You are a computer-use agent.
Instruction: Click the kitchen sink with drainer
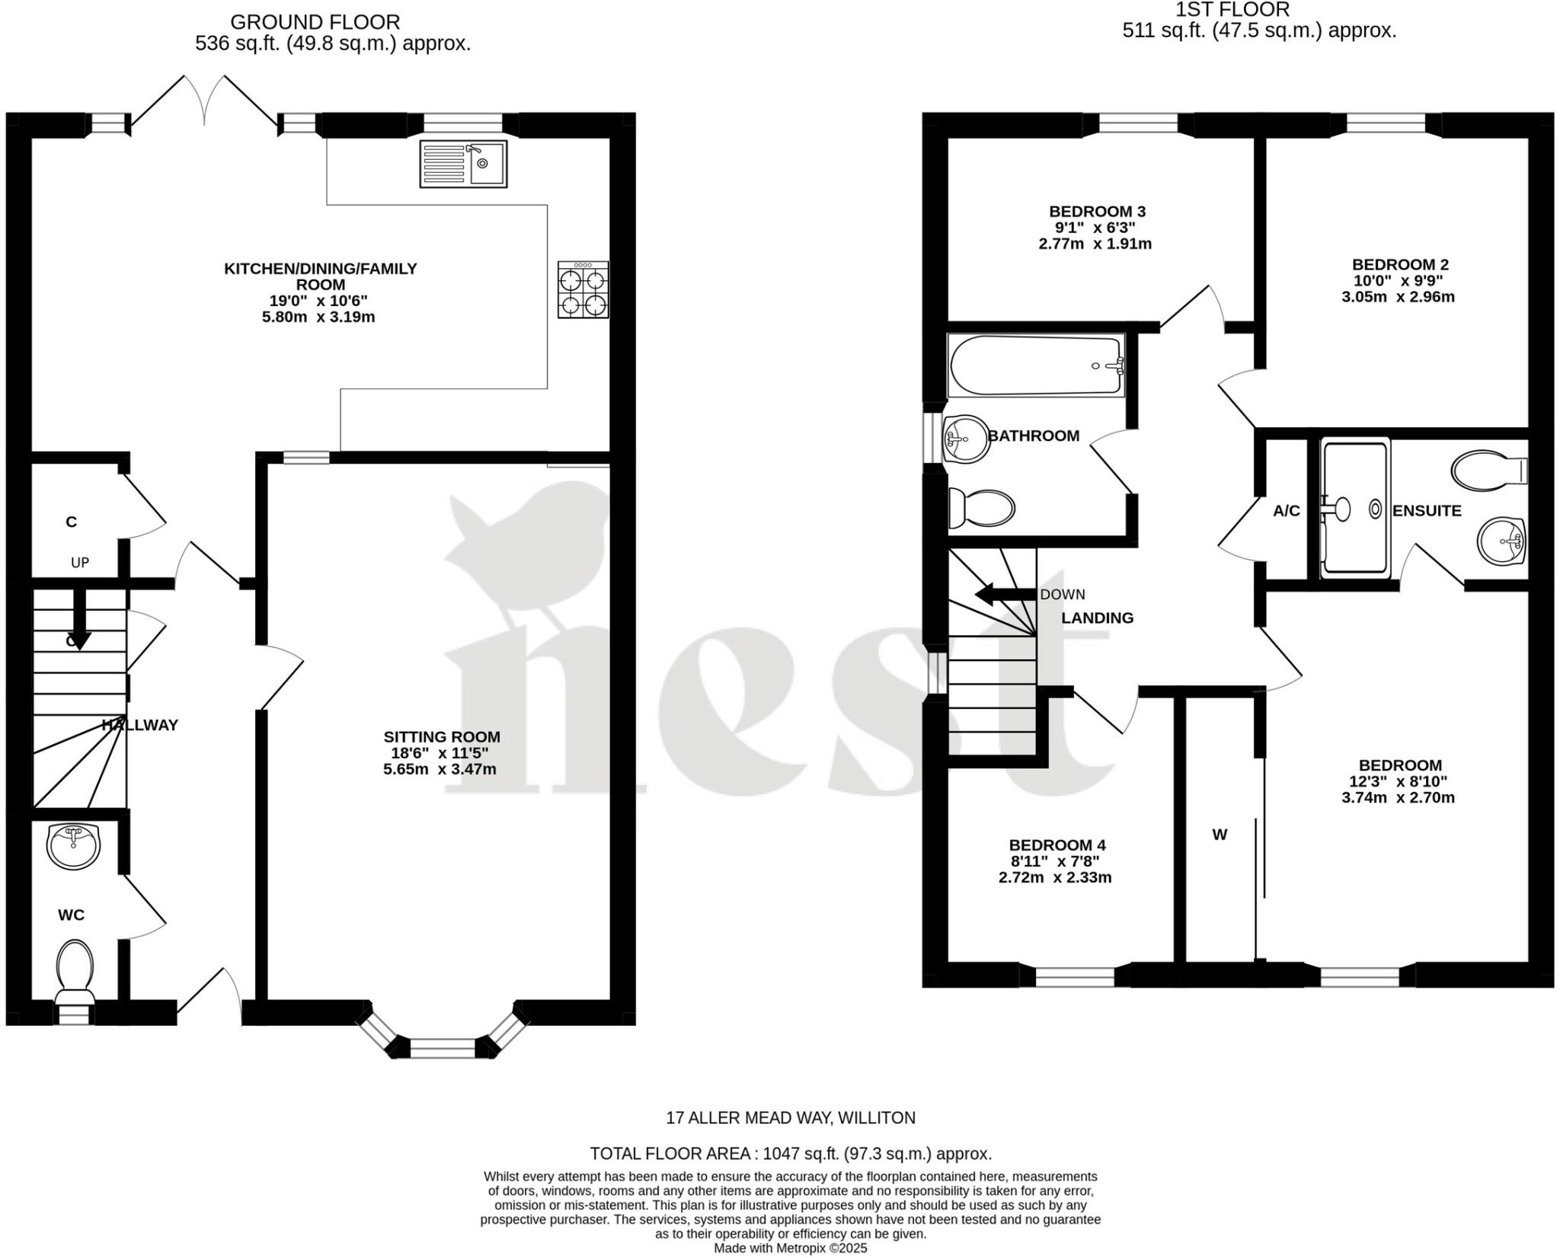pyautogui.click(x=462, y=164)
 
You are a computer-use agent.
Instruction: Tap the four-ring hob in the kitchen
pyautogui.click(x=583, y=289)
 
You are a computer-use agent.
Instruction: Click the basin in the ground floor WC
pyautogui.click(x=73, y=845)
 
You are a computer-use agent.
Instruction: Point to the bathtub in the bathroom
pyautogui.click(x=1036, y=366)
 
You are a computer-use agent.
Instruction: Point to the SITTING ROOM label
pyautogui.click(x=442, y=736)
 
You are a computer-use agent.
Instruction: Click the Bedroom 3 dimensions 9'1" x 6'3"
pyautogui.click(x=1095, y=228)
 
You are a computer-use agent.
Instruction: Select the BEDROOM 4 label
pyautogui.click(x=1057, y=845)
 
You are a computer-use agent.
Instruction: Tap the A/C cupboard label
pyautogui.click(x=1287, y=511)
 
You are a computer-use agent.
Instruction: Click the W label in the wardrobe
pyautogui.click(x=1220, y=835)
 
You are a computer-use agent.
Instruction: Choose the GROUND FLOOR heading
pyautogui.click(x=315, y=22)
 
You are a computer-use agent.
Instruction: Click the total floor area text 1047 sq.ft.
pyautogui.click(x=791, y=1153)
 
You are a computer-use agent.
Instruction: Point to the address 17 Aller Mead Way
pyautogui.click(x=791, y=1118)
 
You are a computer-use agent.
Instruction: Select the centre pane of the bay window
pyautogui.click(x=442, y=1048)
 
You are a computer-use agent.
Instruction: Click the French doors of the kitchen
pyautogui.click(x=204, y=103)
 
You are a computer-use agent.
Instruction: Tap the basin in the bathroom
pyautogui.click(x=965, y=439)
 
